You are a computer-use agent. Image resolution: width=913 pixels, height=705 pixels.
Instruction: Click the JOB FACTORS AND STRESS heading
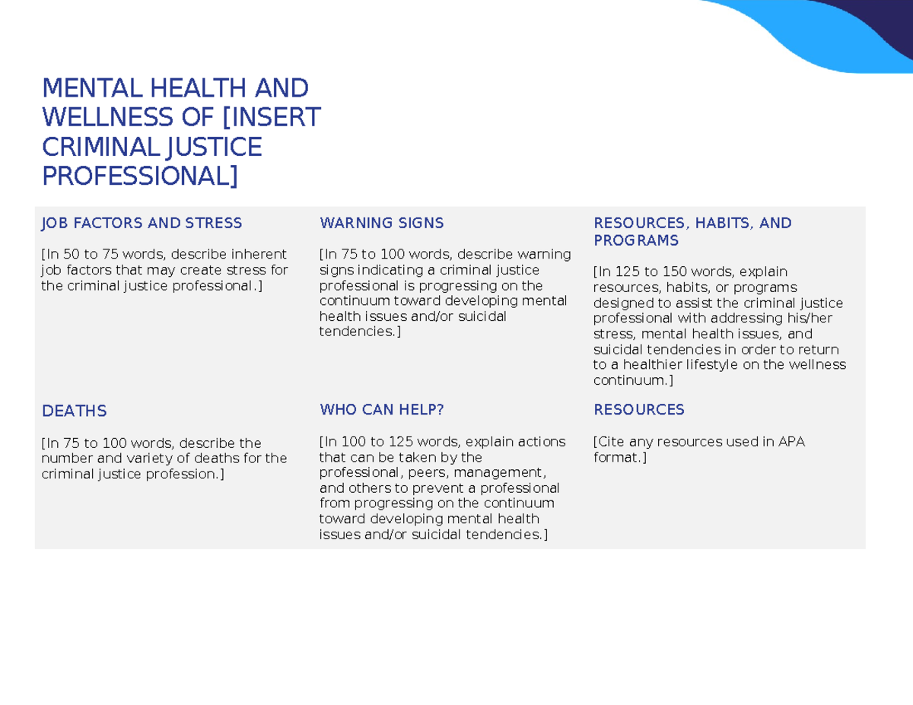[142, 223]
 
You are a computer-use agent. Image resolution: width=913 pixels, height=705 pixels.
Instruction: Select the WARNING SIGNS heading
[381, 223]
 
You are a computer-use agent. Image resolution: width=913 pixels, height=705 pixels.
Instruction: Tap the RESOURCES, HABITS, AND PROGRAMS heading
[692, 231]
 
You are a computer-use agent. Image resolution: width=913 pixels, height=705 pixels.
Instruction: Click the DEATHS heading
[74, 411]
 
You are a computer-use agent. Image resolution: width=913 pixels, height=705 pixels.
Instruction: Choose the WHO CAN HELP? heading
[381, 409]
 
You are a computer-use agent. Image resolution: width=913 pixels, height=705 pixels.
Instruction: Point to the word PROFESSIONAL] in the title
[139, 176]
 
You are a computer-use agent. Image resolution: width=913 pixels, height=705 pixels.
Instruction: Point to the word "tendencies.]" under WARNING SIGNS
[359, 332]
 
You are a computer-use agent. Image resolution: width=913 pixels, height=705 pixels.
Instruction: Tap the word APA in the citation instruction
[791, 441]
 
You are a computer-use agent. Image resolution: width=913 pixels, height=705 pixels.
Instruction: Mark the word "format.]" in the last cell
[619, 457]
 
